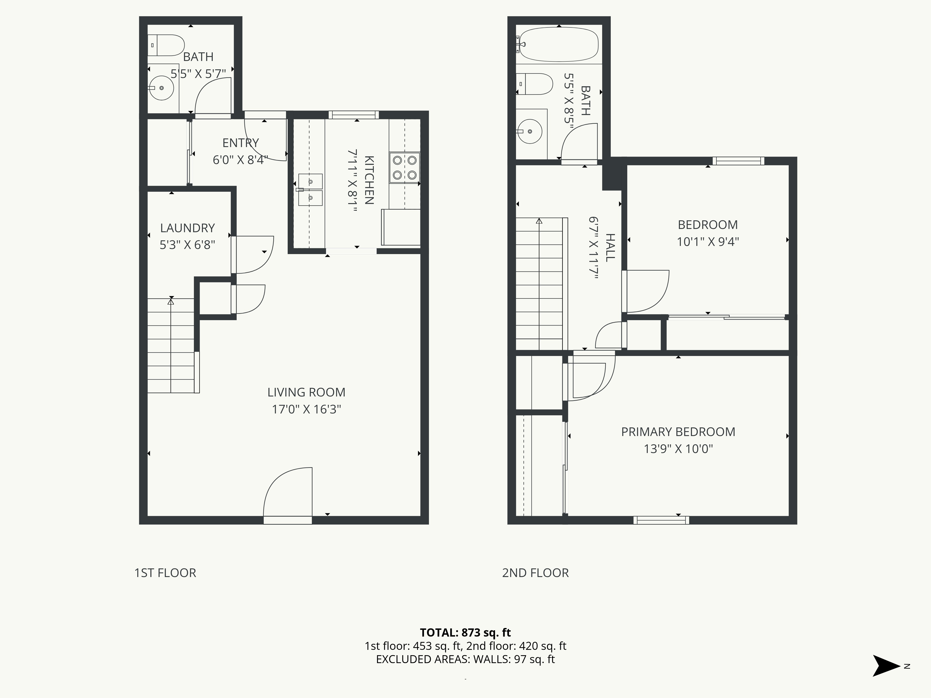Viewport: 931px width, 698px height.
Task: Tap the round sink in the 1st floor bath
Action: pos(162,88)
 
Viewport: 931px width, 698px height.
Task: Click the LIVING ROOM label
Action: pos(306,392)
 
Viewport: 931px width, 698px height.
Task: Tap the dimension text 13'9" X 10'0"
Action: pos(678,449)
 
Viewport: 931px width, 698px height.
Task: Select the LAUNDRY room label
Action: pos(187,228)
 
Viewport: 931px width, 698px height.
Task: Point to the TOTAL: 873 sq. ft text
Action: pos(465,632)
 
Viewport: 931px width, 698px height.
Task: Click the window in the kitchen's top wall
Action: pos(354,115)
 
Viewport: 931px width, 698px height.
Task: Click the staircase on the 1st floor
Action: pos(171,345)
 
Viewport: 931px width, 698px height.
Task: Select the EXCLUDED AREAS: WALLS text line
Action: pos(465,659)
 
